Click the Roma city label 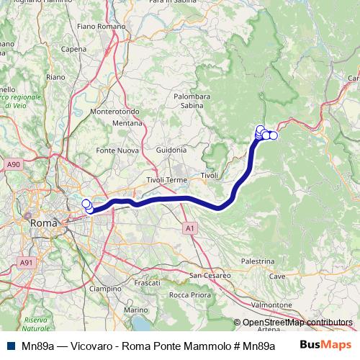coord(48,223)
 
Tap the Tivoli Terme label coord(166,179)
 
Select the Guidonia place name coord(170,150)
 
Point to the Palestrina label coord(257,261)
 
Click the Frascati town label coord(148,283)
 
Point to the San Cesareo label coord(210,275)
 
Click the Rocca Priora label coord(189,294)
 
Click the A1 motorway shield coord(189,228)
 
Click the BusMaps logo coord(325,344)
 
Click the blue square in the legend coord(9,345)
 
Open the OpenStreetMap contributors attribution coord(297,323)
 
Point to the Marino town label coord(135,310)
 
